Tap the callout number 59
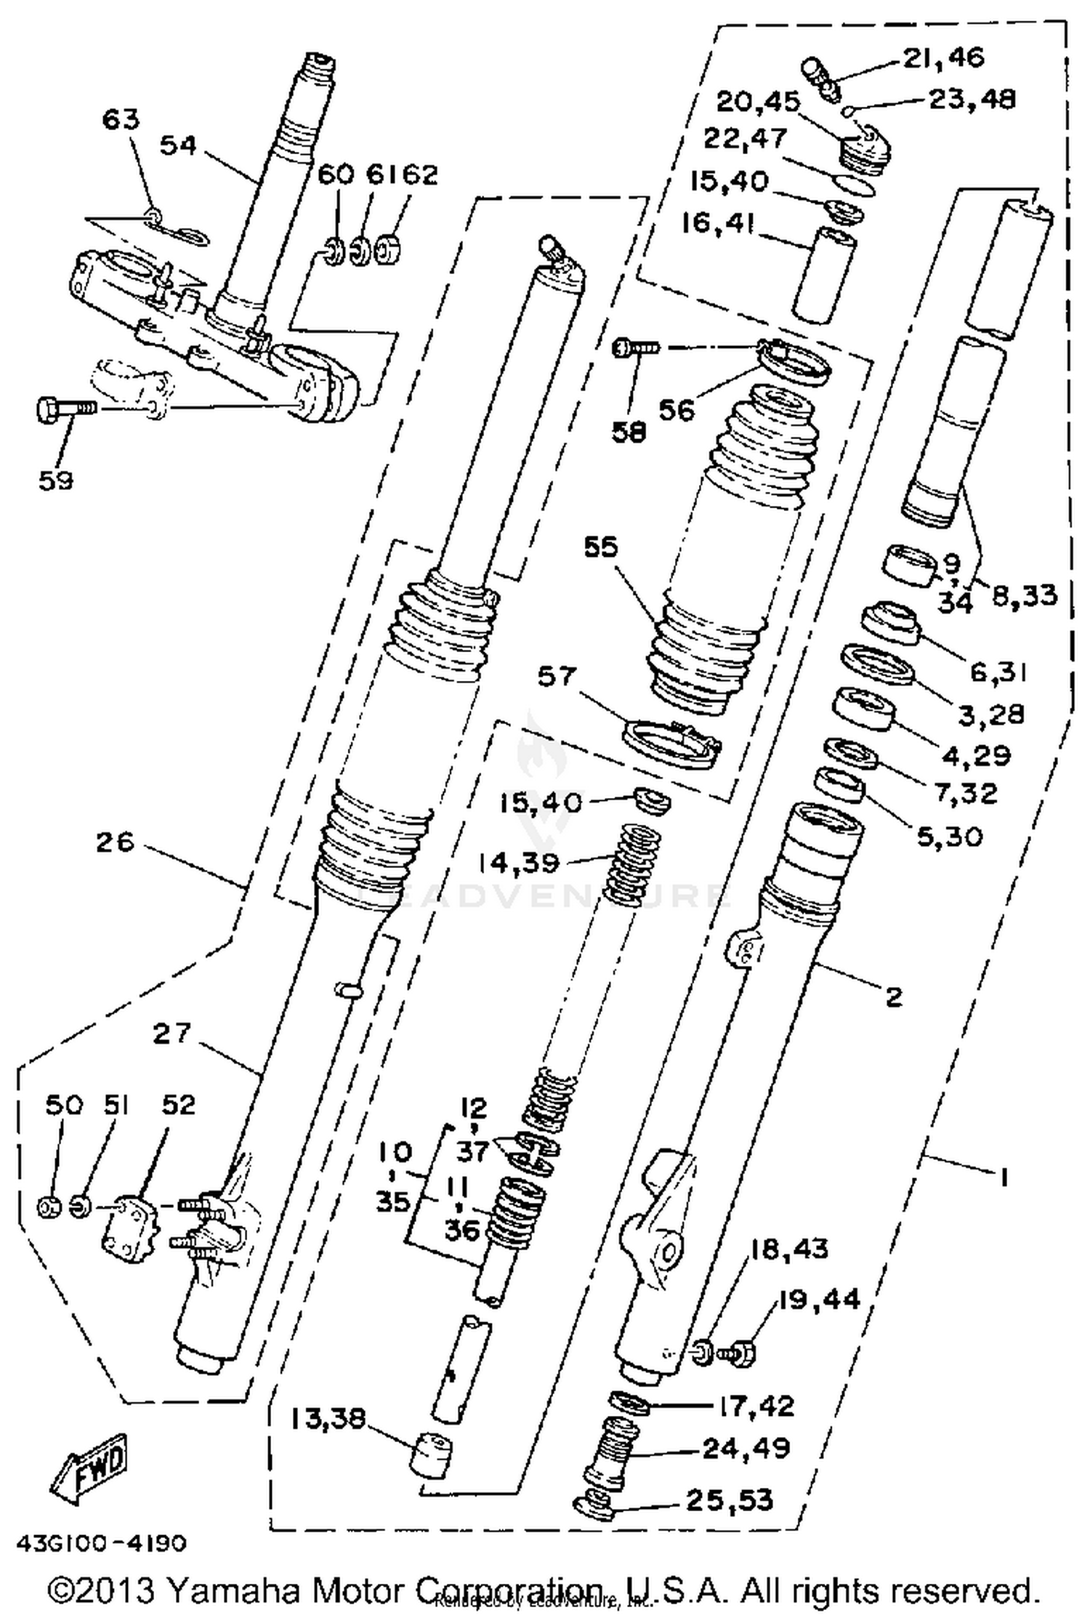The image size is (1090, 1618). pos(56,480)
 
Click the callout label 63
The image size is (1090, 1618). pos(120,118)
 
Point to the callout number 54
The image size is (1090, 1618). pos(178,145)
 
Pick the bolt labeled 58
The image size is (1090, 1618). pos(637,348)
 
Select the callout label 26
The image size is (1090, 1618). pos(116,842)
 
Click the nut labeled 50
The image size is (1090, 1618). pos(49,1208)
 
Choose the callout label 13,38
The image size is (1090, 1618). pos(328,1417)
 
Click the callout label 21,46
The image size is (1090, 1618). pos(943,57)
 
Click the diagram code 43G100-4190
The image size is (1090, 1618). pos(101,1544)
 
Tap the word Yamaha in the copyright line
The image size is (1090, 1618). pos(232,1590)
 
